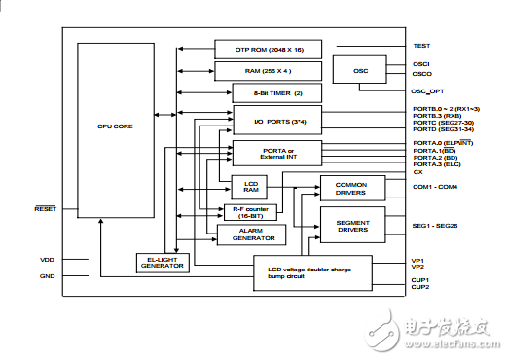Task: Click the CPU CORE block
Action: (x=116, y=126)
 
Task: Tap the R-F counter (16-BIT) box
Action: (x=250, y=213)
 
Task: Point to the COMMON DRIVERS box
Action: (x=352, y=187)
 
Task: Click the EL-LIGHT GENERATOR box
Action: (x=162, y=263)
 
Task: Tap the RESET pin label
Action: (x=46, y=209)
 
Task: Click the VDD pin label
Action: (x=47, y=260)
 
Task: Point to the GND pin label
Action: (x=47, y=276)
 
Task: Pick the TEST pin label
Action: (x=421, y=46)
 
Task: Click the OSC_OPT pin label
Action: (x=428, y=90)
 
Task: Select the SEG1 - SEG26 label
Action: (x=434, y=226)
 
